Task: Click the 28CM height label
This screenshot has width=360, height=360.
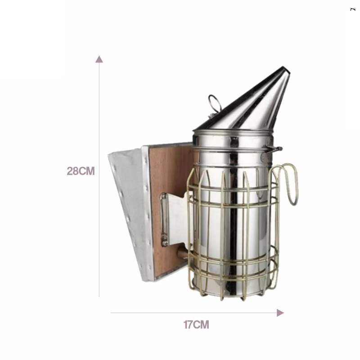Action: (x=81, y=171)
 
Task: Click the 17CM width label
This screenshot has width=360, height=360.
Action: (x=196, y=324)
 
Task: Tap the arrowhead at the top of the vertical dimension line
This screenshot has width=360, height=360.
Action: (x=99, y=59)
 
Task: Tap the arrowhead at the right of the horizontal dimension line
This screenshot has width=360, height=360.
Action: (x=280, y=313)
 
